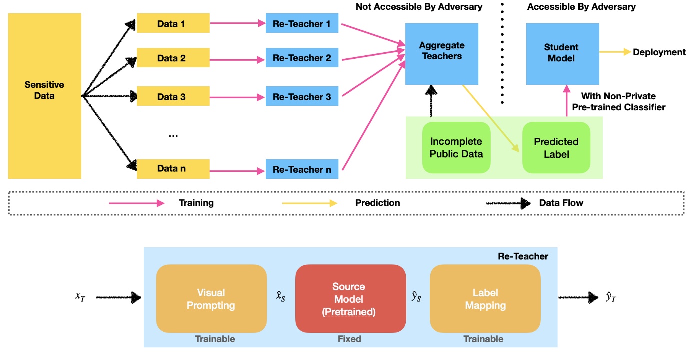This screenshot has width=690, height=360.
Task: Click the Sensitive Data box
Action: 44,96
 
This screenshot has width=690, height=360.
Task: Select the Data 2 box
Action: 173,58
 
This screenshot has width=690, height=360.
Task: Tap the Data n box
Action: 173,168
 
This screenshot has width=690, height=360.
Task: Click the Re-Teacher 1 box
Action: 302,23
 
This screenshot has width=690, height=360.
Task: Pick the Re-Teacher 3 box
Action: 302,96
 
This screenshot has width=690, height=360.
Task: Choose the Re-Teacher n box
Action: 302,169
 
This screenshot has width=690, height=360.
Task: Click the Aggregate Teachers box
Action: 441,51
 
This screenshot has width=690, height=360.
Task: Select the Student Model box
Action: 562,53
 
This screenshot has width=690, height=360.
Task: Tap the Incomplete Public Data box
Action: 456,148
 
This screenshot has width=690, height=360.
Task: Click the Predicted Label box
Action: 556,148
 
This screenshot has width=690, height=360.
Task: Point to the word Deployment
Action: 659,52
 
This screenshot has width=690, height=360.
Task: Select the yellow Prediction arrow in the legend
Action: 310,203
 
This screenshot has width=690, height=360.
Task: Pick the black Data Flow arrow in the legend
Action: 508,203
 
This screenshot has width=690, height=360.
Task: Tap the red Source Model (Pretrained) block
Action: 349,299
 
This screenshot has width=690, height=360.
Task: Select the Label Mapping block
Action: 485,299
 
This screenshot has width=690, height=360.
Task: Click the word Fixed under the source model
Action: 349,339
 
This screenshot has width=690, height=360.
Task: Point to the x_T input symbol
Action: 80,296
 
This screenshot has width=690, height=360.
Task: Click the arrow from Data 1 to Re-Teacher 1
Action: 237,23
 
